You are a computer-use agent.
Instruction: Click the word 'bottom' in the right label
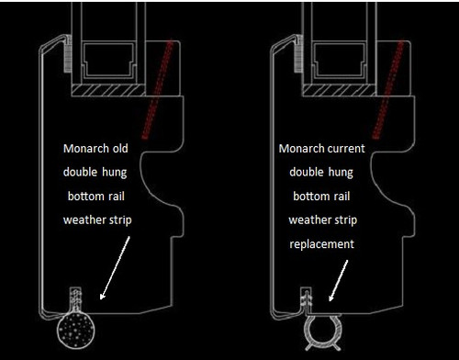308,195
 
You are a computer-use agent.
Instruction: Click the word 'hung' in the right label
342,171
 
